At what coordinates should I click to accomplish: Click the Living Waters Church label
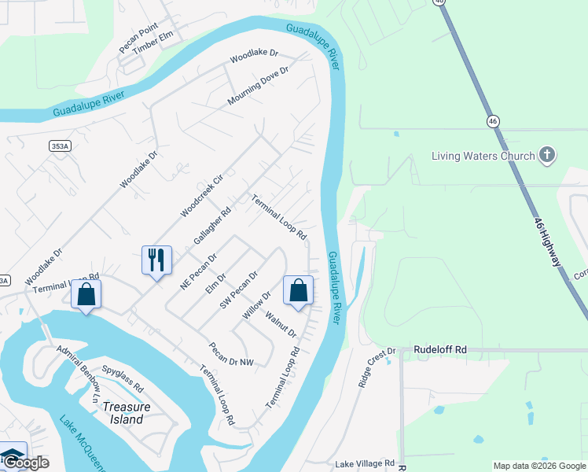pos(483,156)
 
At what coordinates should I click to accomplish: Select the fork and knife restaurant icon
pos(156,260)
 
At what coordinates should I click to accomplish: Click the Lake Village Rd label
pos(364,464)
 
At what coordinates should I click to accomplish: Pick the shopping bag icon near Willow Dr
pos(299,290)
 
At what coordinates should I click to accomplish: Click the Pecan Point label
pos(138,37)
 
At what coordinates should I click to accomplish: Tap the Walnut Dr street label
pos(281,325)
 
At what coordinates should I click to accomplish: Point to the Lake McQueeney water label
pos(83,444)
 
